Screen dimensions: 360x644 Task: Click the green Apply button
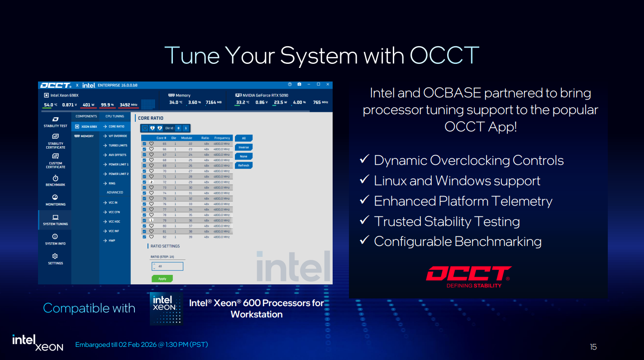[162, 278]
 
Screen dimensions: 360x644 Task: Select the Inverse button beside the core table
[243, 147]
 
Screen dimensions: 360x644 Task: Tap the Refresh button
[243, 165]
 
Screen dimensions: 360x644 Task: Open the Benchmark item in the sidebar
[55, 181]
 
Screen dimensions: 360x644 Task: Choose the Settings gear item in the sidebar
[55, 259]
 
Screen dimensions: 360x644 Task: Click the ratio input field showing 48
[167, 266]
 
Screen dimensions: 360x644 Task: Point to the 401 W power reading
[88, 105]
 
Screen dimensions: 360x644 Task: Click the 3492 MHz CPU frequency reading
[128, 105]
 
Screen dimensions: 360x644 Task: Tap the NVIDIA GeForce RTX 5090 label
[264, 96]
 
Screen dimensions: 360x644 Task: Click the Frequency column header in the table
[222, 138]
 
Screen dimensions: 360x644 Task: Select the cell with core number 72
[164, 182]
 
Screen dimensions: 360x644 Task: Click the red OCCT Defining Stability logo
[468, 276]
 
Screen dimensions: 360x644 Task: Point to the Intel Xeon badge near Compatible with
[166, 308]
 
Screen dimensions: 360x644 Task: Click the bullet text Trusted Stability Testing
[446, 221]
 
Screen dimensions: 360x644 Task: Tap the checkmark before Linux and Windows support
[364, 180]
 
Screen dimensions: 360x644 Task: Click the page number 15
[593, 347]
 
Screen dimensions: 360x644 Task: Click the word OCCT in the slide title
[444, 55]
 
